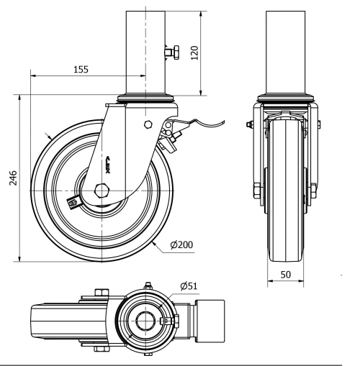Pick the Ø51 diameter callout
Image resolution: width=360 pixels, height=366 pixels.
click(x=189, y=286)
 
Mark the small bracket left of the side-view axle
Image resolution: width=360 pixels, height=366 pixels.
click(x=72, y=203)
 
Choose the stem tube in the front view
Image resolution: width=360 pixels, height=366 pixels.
click(x=287, y=50)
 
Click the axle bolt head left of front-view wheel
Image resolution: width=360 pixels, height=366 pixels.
click(x=257, y=191)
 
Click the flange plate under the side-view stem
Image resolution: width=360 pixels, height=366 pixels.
click(x=146, y=99)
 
